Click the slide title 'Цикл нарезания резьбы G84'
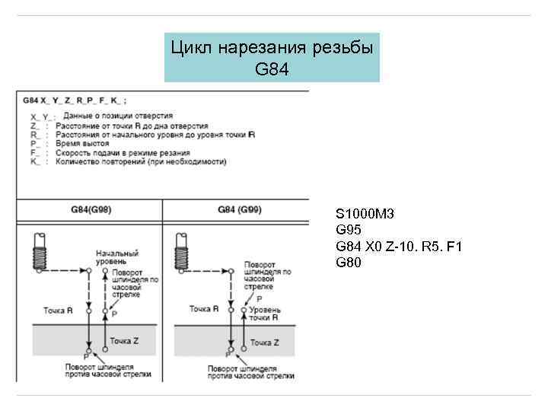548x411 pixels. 272,57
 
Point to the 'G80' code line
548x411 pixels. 348,263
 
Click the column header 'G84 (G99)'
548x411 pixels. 239,210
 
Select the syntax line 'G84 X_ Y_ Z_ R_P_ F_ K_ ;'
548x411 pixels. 74,100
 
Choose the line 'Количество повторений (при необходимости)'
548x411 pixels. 141,162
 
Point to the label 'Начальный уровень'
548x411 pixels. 116,256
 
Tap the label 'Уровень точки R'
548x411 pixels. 266,314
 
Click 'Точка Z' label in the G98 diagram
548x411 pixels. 123,341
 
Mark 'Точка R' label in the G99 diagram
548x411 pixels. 203,309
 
